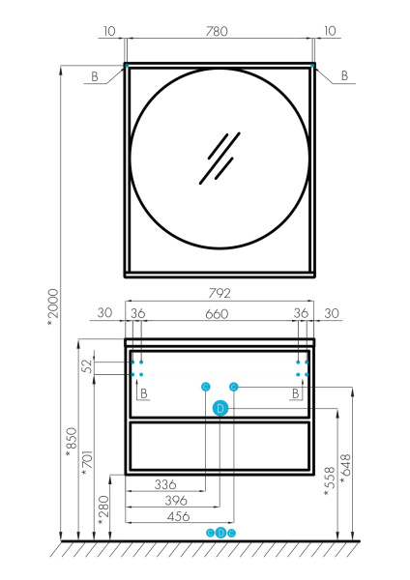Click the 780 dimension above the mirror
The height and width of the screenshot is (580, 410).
(x=219, y=31)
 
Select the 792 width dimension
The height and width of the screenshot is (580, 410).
(x=220, y=293)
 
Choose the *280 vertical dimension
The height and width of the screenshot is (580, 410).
(x=103, y=509)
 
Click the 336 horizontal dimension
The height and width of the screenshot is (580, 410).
(x=166, y=483)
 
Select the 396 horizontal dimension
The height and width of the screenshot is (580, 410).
(x=174, y=503)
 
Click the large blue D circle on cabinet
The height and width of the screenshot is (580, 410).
(x=220, y=409)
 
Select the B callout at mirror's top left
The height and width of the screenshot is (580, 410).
(x=95, y=75)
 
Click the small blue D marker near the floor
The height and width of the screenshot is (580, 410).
(x=220, y=533)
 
